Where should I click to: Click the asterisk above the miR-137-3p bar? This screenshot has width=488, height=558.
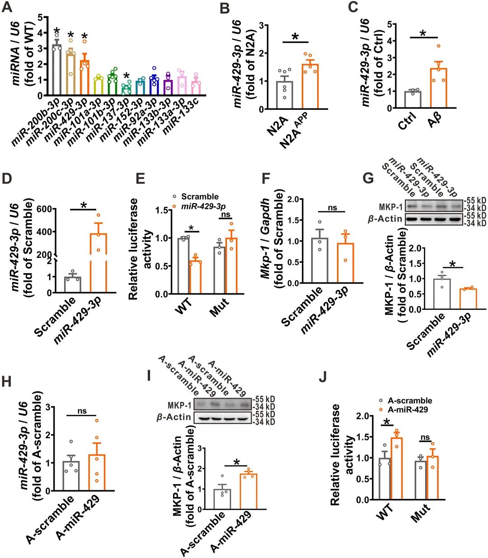(127, 76)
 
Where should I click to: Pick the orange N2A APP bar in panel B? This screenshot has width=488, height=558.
(310, 86)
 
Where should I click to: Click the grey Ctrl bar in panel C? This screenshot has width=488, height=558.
(413, 100)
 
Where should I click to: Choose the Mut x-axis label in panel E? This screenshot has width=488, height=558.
(220, 307)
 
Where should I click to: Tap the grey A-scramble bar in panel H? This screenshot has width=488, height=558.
(71, 476)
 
